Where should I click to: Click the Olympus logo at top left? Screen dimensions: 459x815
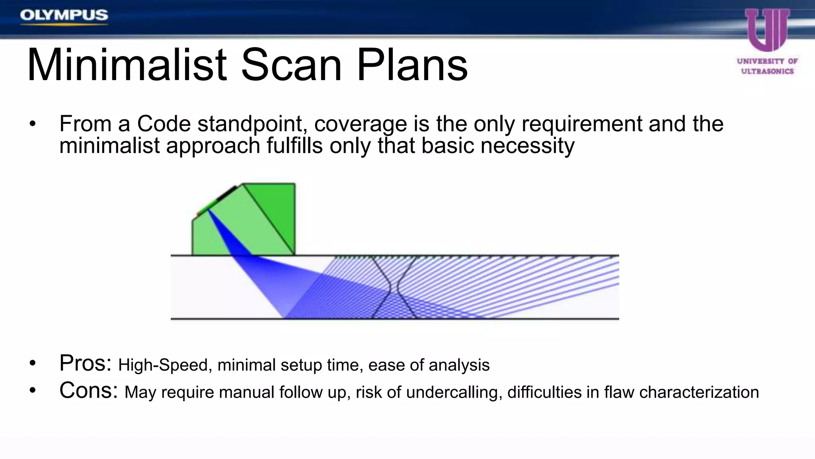coord(64,16)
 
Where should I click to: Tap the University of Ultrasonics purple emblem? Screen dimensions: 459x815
coord(767,29)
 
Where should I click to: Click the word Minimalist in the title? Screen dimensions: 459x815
coord(127,65)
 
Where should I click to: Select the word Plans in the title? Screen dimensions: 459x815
coord(412,65)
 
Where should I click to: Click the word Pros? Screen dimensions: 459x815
coord(86,363)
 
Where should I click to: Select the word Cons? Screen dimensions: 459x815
coord(89,390)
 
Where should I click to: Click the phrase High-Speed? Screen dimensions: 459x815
coord(163,365)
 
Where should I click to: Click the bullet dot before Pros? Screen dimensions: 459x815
coord(32,363)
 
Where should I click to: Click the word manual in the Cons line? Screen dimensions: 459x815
coord(247,392)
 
